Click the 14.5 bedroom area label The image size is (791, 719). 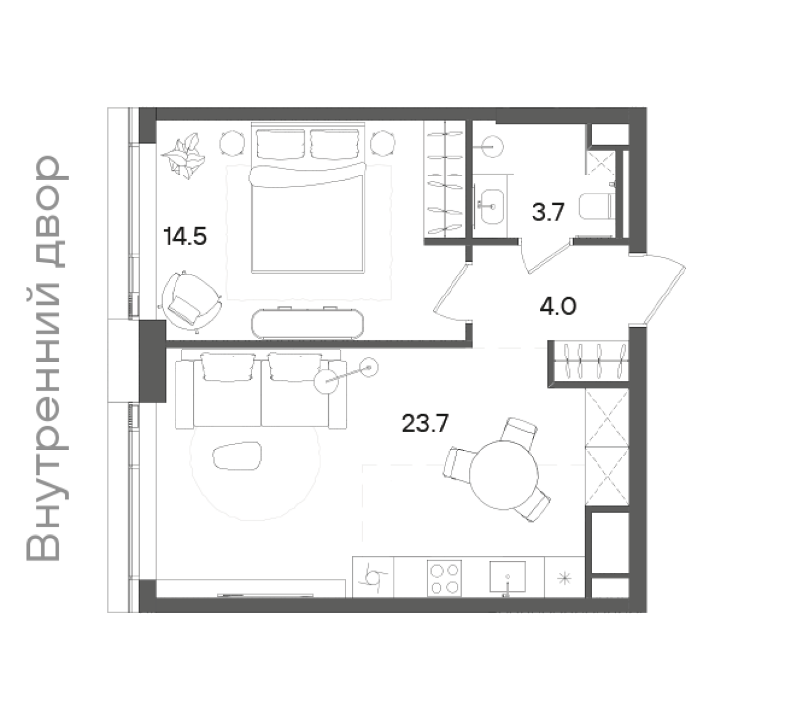[x=185, y=237]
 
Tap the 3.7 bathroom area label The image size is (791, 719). [x=548, y=212]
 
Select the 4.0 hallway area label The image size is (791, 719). [x=558, y=306]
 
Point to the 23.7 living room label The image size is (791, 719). [x=425, y=424]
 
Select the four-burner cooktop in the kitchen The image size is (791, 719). [x=444, y=579]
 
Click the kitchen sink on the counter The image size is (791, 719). [x=508, y=577]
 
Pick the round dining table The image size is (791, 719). [x=504, y=475]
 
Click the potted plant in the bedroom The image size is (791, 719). [x=184, y=156]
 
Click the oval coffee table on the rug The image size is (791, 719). [x=237, y=456]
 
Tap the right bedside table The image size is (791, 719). [x=383, y=143]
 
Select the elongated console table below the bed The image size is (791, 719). [x=308, y=324]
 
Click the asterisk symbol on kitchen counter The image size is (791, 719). [x=564, y=579]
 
